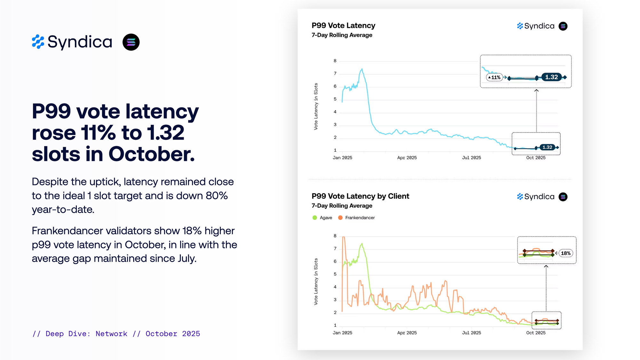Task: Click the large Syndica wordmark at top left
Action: click(80, 42)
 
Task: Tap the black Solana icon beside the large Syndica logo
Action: click(131, 42)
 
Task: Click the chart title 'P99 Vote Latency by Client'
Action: click(360, 196)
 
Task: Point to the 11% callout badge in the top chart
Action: click(494, 77)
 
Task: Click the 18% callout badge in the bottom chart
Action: click(565, 253)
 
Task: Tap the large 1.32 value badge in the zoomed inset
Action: click(551, 77)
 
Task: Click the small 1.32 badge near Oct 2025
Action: click(547, 147)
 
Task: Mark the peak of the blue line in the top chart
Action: click(362, 69)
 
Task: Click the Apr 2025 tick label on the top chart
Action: click(407, 158)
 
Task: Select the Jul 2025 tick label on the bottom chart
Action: click(471, 333)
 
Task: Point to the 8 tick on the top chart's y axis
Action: click(335, 61)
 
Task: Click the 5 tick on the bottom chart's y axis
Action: click(335, 274)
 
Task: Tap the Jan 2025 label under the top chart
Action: click(342, 158)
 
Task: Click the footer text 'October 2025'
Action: click(173, 334)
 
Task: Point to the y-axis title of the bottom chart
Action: click(316, 282)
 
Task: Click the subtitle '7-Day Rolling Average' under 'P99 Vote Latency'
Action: click(342, 35)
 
